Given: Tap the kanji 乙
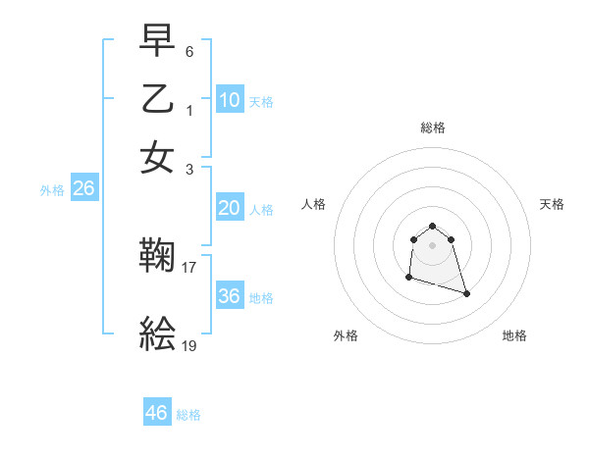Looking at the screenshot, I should (x=157, y=99).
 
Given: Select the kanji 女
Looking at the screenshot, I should (x=157, y=158).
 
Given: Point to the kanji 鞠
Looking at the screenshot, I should (x=157, y=257).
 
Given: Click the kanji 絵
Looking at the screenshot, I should (x=157, y=335).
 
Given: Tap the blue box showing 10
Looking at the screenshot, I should (x=230, y=100).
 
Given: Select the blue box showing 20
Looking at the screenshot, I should (x=230, y=208).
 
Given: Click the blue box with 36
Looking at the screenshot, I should (x=230, y=296).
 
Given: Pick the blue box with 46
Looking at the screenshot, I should (x=157, y=413).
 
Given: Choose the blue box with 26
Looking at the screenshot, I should (x=83, y=189).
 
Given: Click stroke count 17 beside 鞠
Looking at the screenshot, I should (x=190, y=266).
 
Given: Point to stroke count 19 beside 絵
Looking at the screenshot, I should (x=190, y=345).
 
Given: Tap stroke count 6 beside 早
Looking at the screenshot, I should (x=189, y=49).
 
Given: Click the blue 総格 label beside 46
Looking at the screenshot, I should (x=188, y=415).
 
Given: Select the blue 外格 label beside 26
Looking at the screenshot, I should (x=52, y=191).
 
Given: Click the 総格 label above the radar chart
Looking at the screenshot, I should (x=432, y=128).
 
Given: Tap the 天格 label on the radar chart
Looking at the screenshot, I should (x=552, y=204).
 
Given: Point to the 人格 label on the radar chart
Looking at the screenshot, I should (x=314, y=204).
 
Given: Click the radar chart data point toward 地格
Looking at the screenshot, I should (x=466, y=293).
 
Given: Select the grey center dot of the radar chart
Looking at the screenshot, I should (x=432, y=245).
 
